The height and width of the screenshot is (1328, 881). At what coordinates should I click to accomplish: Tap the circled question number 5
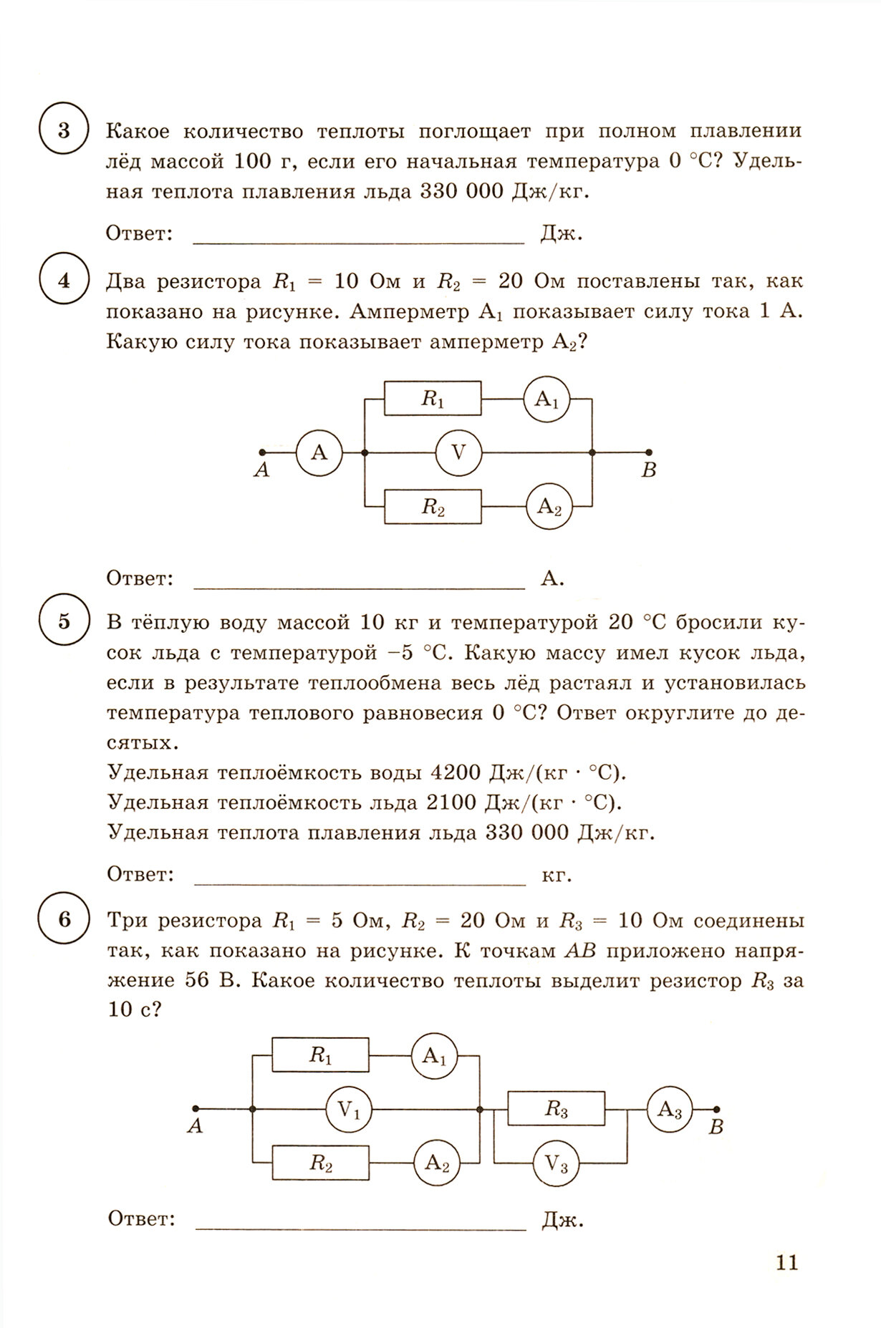click(64, 621)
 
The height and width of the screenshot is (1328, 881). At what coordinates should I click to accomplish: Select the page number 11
click(786, 1262)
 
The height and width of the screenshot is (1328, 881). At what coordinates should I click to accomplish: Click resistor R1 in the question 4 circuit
click(432, 399)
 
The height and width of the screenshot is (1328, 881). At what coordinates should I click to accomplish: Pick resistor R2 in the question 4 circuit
click(432, 507)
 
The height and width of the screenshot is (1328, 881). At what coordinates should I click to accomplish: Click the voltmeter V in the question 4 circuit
click(458, 452)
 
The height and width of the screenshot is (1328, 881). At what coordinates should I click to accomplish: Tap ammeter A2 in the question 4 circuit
click(549, 507)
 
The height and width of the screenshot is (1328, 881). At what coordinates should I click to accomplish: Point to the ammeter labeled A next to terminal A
click(319, 452)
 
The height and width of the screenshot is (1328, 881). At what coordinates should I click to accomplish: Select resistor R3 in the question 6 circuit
click(556, 1110)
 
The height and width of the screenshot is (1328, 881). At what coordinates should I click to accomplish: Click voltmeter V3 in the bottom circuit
click(556, 1165)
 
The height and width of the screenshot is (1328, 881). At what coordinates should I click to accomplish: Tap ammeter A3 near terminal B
click(670, 1110)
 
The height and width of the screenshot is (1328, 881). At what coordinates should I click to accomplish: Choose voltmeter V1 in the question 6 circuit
click(350, 1110)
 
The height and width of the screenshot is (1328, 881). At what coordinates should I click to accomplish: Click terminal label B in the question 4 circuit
click(649, 471)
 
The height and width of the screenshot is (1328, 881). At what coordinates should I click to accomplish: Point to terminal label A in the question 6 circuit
click(195, 1127)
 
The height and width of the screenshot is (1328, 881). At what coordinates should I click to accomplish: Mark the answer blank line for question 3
click(360, 242)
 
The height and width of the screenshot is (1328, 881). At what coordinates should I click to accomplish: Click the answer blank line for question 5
click(360, 883)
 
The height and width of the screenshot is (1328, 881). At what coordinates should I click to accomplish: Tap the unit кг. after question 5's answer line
click(557, 875)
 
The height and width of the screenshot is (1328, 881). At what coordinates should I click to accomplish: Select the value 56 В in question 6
click(211, 981)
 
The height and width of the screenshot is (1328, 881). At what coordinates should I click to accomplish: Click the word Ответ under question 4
click(140, 578)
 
